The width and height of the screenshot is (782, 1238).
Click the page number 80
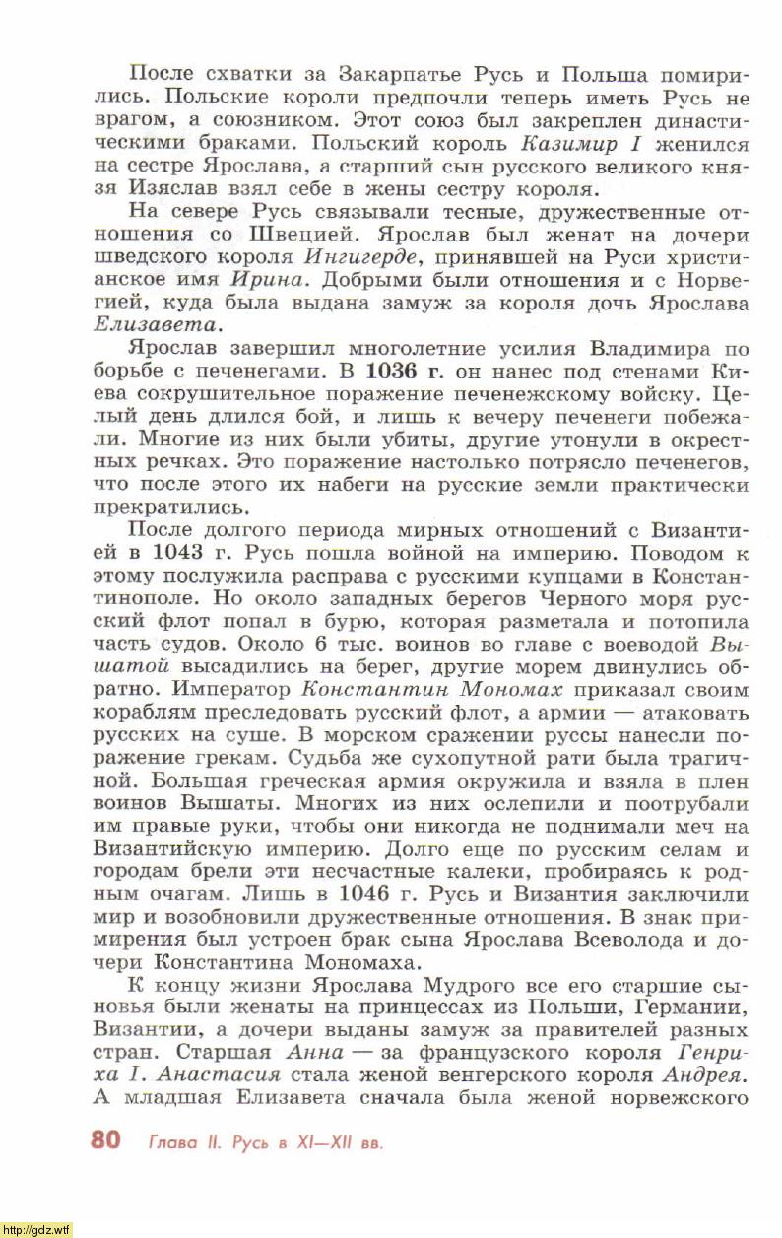[x=105, y=1140]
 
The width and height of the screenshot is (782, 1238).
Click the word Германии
[x=692, y=1006]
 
